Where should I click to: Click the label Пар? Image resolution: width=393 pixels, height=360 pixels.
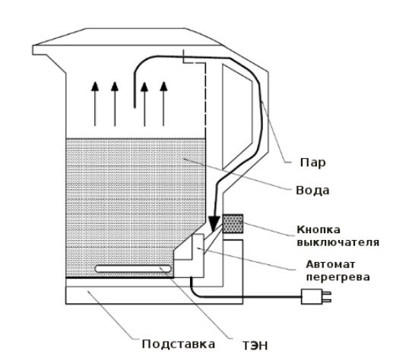[x=312, y=163]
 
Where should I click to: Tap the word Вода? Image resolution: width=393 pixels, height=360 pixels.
[x=312, y=191]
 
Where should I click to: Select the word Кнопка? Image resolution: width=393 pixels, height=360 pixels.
[x=319, y=229]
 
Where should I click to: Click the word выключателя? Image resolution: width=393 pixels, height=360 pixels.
[x=338, y=242]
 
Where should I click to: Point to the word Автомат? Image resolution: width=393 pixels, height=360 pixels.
[x=331, y=264]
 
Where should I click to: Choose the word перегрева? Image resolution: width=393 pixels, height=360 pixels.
[x=338, y=277]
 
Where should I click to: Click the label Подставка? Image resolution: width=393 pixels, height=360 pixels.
[x=179, y=344]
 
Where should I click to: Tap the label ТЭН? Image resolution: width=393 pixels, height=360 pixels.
[x=255, y=346]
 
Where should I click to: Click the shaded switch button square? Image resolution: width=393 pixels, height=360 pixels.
[x=233, y=224]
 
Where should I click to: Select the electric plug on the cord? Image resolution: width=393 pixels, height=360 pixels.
[x=316, y=297]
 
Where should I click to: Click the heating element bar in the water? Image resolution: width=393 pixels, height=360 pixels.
[x=133, y=269]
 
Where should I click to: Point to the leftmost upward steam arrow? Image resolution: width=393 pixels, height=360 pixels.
[x=95, y=104]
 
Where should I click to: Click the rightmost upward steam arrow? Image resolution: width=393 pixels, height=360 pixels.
[x=163, y=104]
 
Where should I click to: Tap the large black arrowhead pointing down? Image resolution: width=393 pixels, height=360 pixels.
[x=214, y=223]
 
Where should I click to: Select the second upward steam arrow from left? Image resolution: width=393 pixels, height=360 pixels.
[x=115, y=104]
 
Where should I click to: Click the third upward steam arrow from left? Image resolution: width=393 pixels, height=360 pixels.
[x=144, y=104]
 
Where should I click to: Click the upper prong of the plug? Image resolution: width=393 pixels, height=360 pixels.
[x=327, y=293]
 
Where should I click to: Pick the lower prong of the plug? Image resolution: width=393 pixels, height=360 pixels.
[x=327, y=301]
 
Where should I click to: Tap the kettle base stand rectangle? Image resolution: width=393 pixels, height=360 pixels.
[x=154, y=295]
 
